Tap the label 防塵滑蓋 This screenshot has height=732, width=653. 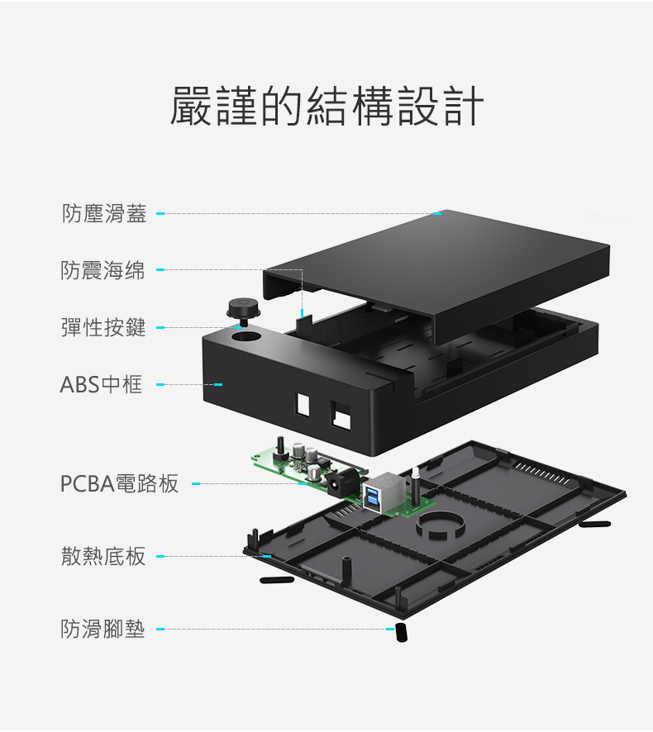(x=104, y=214)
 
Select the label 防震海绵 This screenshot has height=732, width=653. (x=102, y=270)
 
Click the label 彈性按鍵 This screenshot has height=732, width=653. (x=103, y=327)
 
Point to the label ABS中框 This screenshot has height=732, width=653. (x=101, y=384)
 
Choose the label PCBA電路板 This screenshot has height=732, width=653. (x=119, y=483)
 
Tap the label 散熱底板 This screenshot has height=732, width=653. (x=103, y=556)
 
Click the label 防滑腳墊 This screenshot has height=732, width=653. (x=103, y=630)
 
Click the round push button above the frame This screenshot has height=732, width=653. (x=243, y=308)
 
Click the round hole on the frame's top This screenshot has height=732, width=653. (x=245, y=337)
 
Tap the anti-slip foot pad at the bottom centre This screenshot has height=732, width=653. (x=401, y=632)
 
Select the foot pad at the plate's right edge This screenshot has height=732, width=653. (x=594, y=524)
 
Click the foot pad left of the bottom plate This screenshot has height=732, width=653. (x=277, y=580)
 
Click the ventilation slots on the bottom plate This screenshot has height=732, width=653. (x=541, y=473)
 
